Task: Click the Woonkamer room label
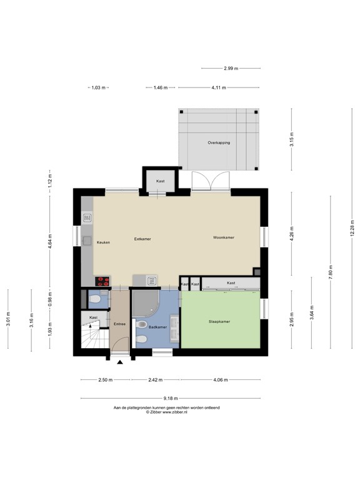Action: pos(223,238)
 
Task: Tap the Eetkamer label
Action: pos(142,239)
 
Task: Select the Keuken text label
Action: pos(103,242)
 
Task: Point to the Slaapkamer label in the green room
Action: pos(219,322)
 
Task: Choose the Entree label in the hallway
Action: pos(119,324)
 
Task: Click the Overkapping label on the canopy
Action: pos(219,142)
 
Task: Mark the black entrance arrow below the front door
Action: pos(120,361)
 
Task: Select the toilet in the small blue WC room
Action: pos(94,301)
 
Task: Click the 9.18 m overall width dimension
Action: pos(171,398)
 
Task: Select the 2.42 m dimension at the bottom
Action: pos(155,379)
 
